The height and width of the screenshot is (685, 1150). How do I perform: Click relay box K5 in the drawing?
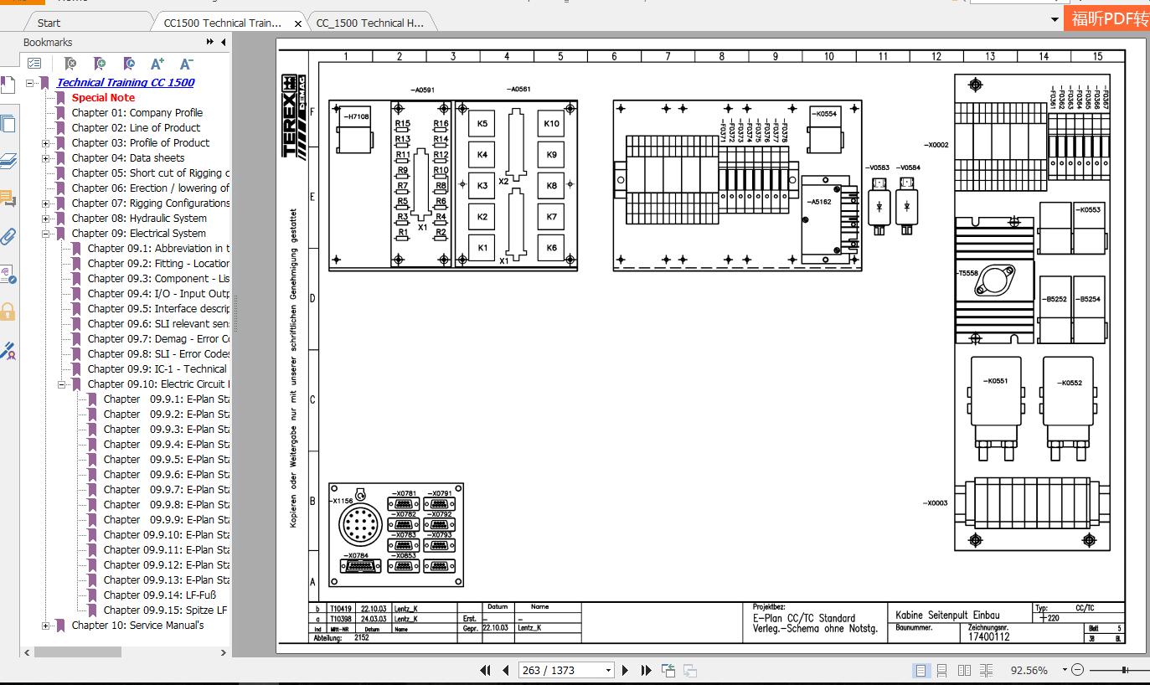(x=482, y=124)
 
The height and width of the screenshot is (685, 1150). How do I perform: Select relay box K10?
(x=551, y=124)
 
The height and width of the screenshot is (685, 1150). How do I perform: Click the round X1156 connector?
(x=360, y=525)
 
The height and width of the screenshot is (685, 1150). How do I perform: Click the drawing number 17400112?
(x=989, y=636)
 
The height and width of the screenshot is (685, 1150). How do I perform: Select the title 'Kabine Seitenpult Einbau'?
(x=947, y=615)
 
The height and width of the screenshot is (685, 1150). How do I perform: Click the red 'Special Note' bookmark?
(x=103, y=97)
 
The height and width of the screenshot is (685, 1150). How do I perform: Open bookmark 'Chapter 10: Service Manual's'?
(x=137, y=625)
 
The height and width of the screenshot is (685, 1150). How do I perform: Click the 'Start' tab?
(x=49, y=23)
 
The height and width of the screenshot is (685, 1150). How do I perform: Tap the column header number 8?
(x=721, y=56)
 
